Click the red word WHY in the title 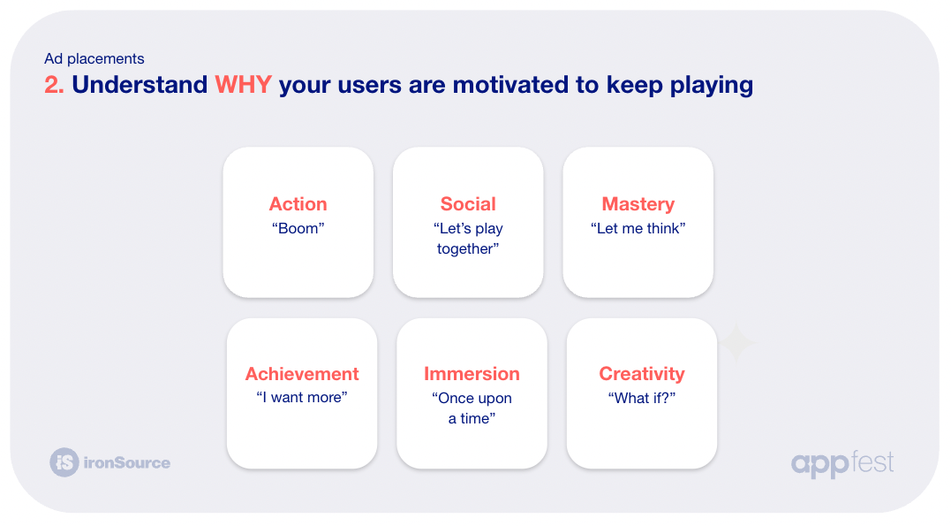tap(243, 85)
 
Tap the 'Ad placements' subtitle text tap(94, 59)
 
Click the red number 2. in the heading tap(54, 85)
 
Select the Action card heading tap(298, 204)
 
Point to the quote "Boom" tap(298, 228)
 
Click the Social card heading tap(468, 204)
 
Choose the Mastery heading tap(638, 204)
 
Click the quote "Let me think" tap(638, 228)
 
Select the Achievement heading tap(302, 374)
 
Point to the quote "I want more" tap(302, 397)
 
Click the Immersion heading tap(472, 374)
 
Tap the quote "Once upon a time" tap(472, 408)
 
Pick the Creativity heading tap(642, 374)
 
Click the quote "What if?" tap(642, 398)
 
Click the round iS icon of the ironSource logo tap(64, 462)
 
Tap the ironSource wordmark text tap(127, 463)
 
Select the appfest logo tap(842, 464)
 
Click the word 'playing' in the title tap(712, 86)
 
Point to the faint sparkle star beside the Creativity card tap(736, 343)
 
